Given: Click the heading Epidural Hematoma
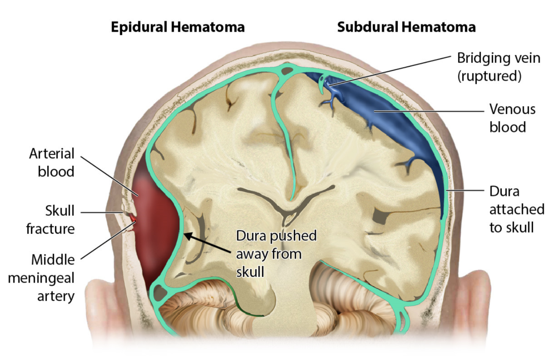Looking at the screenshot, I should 177,27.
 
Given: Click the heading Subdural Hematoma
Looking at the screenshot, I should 406,27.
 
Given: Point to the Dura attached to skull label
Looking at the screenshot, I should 516,209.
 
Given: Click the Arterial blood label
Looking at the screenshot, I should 52,162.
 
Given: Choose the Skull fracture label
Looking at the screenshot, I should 50,220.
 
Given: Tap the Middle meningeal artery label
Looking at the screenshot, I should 53,278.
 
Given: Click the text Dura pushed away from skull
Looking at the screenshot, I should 276,253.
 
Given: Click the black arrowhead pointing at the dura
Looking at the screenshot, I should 188,235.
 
